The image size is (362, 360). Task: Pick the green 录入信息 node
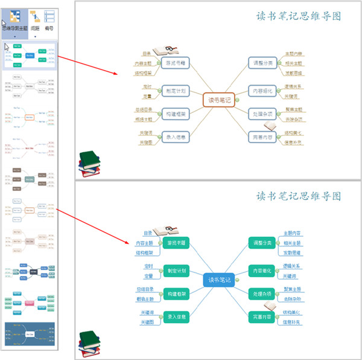[177, 315]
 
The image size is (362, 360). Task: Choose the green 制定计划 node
[177, 270]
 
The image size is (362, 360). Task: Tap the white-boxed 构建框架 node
[176, 113]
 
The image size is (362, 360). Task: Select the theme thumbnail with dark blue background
[30, 335]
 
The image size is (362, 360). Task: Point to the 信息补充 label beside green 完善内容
[293, 321]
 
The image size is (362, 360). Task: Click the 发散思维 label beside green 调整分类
[293, 252]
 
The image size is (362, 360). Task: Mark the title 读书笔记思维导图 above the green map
[299, 196]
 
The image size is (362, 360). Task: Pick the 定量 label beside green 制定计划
[148, 276]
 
